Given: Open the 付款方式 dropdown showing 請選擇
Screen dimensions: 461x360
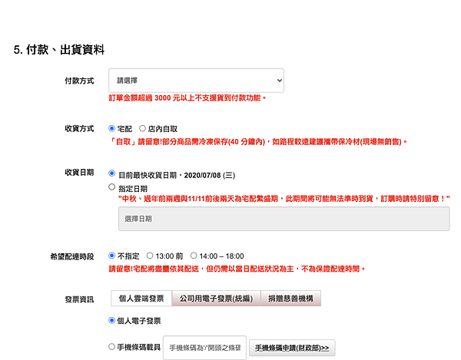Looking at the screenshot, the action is pos(196,81).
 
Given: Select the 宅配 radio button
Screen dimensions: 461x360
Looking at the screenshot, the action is pos(111,128).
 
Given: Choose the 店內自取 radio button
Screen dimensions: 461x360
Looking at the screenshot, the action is pos(142,128).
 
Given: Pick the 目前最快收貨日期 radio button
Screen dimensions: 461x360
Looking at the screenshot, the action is pos(111,173).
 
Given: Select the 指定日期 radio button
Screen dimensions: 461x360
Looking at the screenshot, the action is pos(111,187).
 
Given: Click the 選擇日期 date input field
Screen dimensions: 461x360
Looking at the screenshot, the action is pos(284,219).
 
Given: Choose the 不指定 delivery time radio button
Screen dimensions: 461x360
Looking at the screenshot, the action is pos(111,256).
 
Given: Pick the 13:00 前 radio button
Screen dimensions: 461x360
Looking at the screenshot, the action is pos(150,256).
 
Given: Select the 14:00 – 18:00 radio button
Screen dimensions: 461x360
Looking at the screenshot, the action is pos(194,256).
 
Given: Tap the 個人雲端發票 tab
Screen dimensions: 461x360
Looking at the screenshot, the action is pos(141,299).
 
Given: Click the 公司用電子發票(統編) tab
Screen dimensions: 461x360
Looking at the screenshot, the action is pos(217,299).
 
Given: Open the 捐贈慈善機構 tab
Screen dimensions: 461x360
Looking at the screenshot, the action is pos(290,299).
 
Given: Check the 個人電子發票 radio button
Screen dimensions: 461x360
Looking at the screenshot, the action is pos(111,320).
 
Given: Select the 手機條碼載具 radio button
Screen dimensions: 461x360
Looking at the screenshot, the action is pos(111,347).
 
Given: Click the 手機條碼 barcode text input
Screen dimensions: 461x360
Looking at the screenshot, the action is pos(204,348).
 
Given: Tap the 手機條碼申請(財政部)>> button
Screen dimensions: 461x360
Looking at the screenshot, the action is pos(292,348).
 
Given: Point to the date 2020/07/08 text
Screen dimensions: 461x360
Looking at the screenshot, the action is pos(202,175).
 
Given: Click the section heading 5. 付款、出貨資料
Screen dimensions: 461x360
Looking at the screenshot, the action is pos(59,50).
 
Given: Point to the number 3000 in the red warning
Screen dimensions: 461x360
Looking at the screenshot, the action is pos(163,97).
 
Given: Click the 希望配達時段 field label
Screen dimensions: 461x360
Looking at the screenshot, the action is pos(72,256).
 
